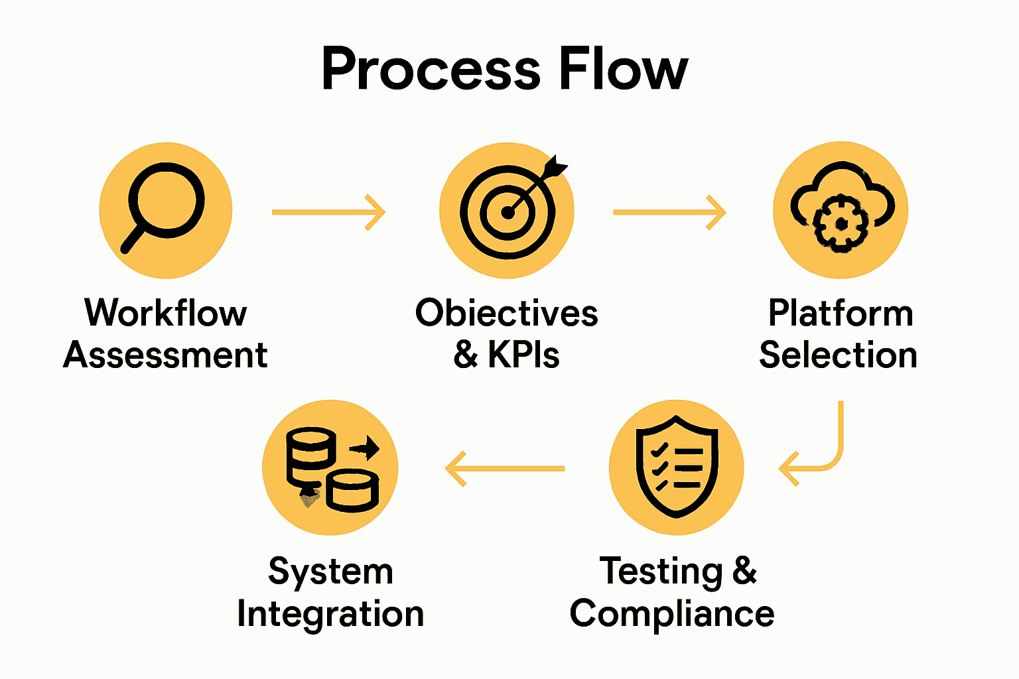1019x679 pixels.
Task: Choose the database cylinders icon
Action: [331, 467]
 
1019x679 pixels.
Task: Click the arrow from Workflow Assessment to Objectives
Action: [328, 212]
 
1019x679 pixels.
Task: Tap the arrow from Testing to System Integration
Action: [505, 468]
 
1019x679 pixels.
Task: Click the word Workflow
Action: [166, 313]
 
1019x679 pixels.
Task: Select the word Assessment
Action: [165, 355]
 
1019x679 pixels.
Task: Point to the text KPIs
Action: [524, 355]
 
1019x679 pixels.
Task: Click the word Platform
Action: [841, 313]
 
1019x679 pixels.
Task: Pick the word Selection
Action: [839, 355]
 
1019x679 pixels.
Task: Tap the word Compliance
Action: [672, 613]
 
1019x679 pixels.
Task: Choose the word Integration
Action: [330, 614]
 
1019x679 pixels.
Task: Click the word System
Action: [330, 572]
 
